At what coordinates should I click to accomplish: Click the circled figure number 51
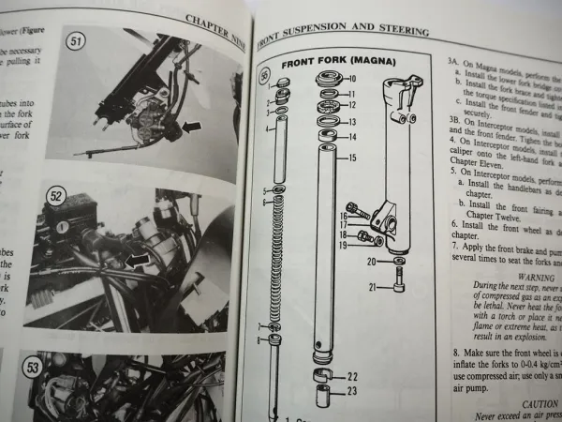(75, 41)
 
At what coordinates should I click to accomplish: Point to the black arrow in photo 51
(191, 126)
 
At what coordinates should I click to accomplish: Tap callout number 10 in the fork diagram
(351, 79)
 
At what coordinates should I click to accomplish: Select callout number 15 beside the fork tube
(352, 158)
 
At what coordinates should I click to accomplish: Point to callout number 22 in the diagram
(351, 378)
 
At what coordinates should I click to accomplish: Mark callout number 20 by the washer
(371, 263)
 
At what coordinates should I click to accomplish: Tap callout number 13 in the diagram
(351, 122)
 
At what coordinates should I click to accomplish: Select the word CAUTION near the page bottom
(513, 403)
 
